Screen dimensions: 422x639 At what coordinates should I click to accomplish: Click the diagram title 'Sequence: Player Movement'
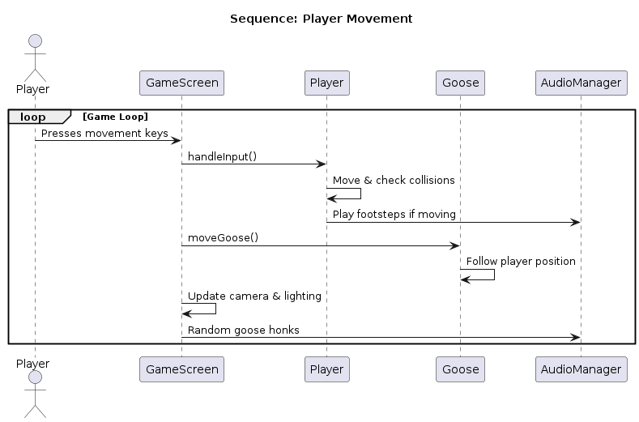coord(321,19)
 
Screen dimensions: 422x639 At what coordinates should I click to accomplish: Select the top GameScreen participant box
coord(181,83)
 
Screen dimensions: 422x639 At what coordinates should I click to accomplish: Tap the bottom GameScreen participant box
coord(181,369)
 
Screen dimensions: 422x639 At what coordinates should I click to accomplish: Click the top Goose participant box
coord(460,83)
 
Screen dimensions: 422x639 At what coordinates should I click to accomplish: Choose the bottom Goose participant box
coord(460,369)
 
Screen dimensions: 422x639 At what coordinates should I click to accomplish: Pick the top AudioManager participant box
coord(581,83)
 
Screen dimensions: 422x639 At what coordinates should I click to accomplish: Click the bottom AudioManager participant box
coord(581,369)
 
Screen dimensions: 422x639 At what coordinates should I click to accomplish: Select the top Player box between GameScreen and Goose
coord(326,83)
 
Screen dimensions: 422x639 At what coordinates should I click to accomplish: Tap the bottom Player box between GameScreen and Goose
coord(326,369)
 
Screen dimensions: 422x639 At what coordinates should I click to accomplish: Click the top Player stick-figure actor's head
coord(35,41)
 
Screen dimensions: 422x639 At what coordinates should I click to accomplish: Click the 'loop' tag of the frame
coord(33,117)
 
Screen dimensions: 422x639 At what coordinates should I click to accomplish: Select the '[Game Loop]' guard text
coord(115,117)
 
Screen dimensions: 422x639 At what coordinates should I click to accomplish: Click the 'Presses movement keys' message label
coord(104,133)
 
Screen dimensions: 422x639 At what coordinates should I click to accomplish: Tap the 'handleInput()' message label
coord(222,156)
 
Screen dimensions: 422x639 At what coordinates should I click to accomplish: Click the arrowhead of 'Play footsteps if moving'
coord(575,222)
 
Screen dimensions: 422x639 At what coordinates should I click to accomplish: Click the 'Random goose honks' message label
coord(243,330)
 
